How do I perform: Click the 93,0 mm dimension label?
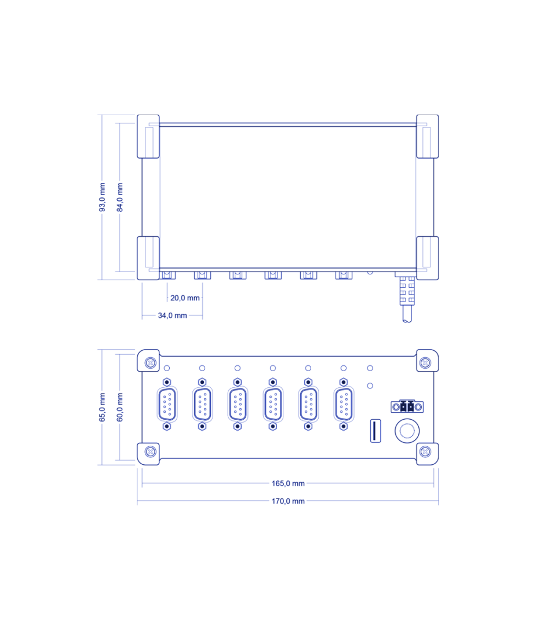[102, 197]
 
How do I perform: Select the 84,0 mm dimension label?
[120, 197]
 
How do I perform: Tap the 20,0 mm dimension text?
[185, 298]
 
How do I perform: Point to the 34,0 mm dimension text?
[172, 315]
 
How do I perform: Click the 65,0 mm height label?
[102, 408]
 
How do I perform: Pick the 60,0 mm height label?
[120, 408]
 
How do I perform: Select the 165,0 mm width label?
[288, 483]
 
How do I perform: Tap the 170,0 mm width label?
[288, 501]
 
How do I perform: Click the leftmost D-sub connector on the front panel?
[167, 404]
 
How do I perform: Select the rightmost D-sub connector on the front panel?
[344, 404]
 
